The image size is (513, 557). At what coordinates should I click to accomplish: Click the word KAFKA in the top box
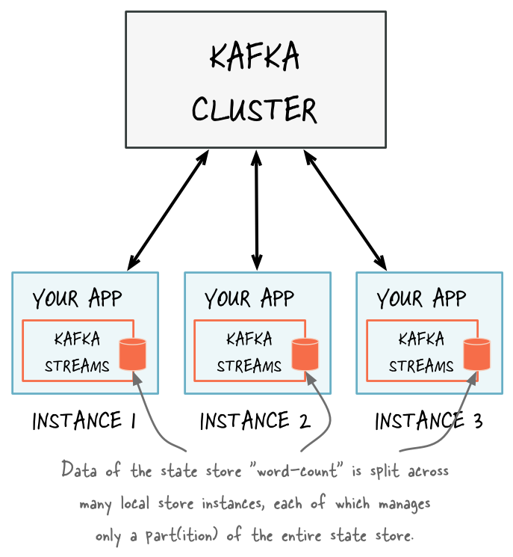255,58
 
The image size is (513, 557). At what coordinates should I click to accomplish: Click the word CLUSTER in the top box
255,109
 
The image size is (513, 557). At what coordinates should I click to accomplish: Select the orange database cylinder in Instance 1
133,354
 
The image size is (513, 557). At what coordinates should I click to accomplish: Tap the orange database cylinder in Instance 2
305,354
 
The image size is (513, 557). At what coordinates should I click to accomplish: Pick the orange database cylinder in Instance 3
476,354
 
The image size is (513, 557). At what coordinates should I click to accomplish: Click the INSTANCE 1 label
84,422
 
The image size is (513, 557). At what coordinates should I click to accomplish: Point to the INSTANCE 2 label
255,422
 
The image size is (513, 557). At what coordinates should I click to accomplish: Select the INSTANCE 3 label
429,422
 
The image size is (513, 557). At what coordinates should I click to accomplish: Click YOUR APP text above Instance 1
77,299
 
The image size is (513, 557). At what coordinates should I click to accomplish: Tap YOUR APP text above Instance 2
249,299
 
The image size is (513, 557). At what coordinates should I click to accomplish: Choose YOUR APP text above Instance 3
421,299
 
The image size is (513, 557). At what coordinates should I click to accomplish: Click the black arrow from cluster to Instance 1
168,209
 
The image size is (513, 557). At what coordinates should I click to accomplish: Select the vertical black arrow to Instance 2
257,209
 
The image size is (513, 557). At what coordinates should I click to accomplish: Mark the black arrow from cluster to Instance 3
345,209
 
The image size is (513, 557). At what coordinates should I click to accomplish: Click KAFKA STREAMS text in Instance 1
77,352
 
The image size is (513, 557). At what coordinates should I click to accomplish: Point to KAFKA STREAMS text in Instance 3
421,352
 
